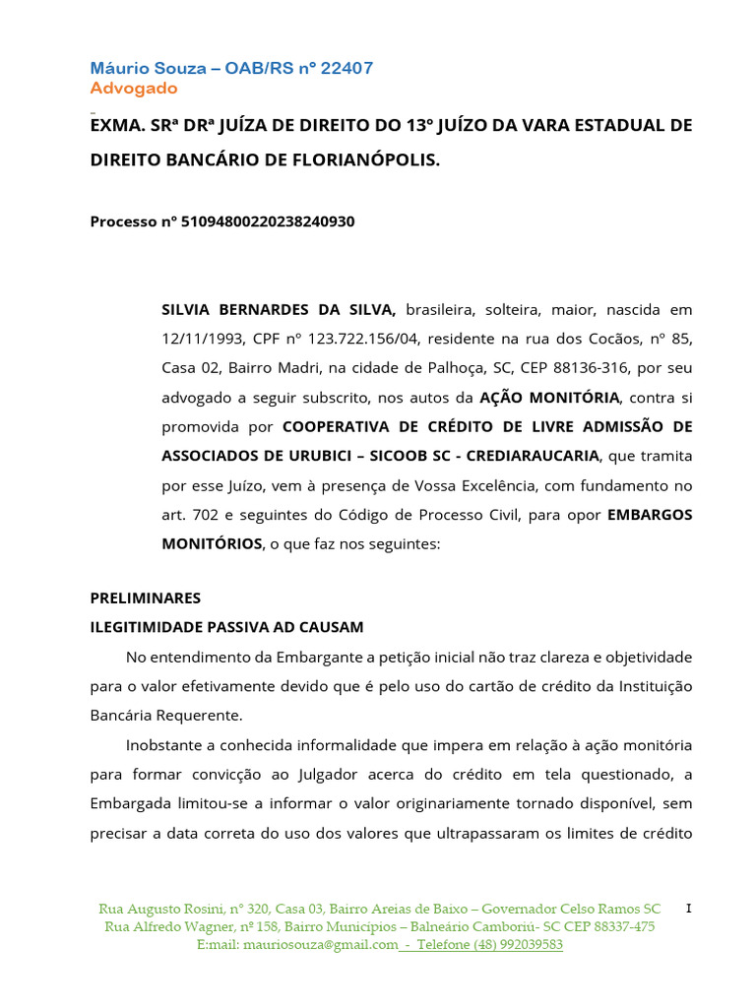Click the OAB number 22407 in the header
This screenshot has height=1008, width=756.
pyautogui.click(x=344, y=68)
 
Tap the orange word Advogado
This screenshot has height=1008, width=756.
pyautogui.click(x=134, y=89)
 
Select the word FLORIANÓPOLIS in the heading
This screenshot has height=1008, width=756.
pyautogui.click(x=361, y=158)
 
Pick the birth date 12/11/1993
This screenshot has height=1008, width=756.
pyautogui.click(x=200, y=339)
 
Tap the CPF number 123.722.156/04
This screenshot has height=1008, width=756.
pyautogui.click(x=364, y=339)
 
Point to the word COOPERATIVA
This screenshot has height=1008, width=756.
pyautogui.click(x=332, y=426)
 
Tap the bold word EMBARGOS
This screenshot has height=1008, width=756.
pyautogui.click(x=651, y=514)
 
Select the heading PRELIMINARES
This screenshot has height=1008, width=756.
pyautogui.click(x=146, y=598)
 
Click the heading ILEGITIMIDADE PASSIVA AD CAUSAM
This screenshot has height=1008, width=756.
pyautogui.click(x=227, y=627)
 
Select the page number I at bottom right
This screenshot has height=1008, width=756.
pyautogui.click(x=688, y=908)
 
